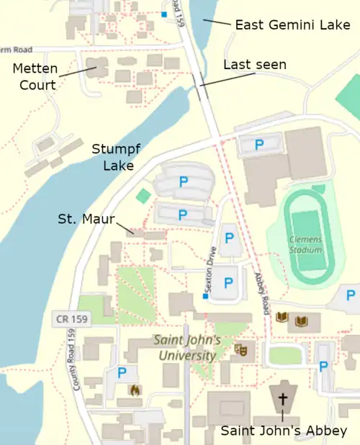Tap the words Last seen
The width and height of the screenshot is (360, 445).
(254, 65)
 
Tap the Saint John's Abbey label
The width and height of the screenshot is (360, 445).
(284, 431)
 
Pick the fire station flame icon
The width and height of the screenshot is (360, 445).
(132, 390)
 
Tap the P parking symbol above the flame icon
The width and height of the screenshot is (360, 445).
(122, 372)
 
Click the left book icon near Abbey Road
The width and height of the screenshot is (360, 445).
(282, 318)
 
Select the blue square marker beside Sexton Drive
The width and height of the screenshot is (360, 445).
(205, 296)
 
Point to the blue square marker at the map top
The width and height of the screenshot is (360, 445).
(164, 14)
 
